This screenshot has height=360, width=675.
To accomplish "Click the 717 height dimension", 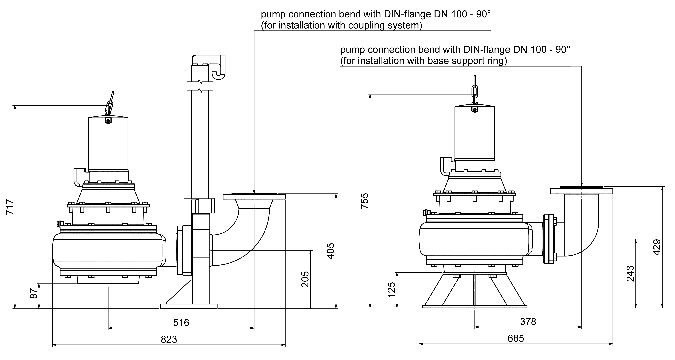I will [9, 207].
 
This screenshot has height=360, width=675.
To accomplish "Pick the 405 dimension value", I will [331, 251].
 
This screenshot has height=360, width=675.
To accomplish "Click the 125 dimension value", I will [391, 290].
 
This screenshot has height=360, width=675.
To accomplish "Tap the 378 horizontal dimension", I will [528, 321].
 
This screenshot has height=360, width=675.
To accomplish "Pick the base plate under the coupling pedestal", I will [189, 306].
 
